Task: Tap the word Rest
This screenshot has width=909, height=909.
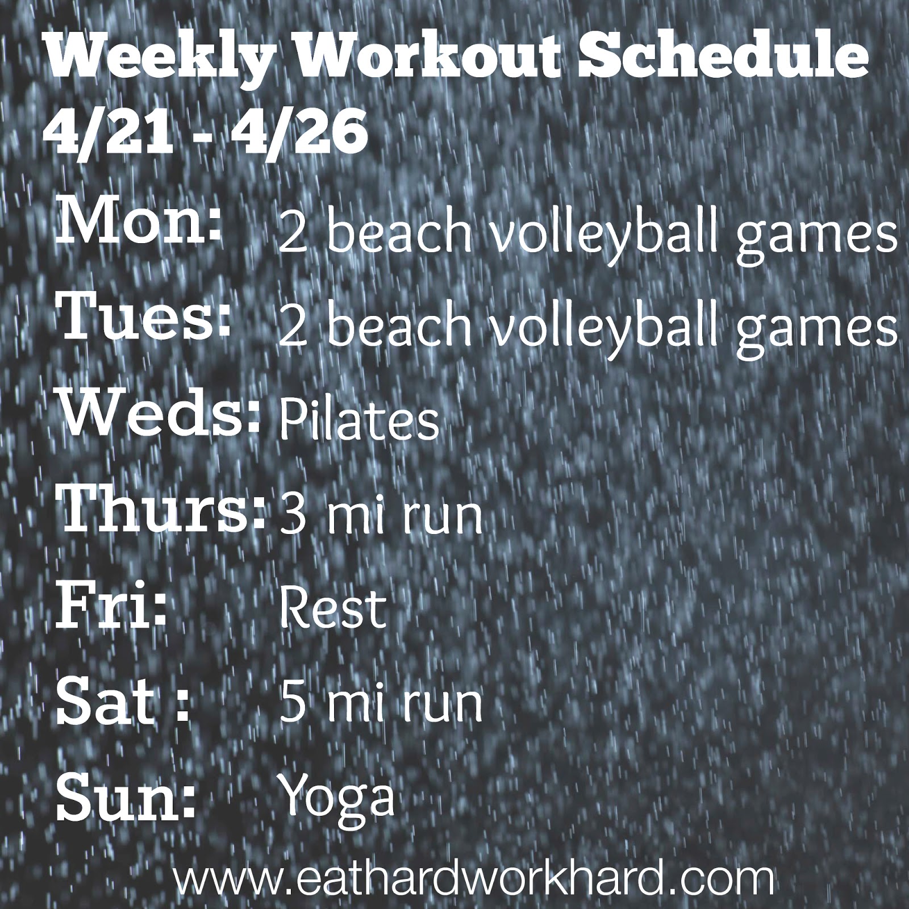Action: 332,607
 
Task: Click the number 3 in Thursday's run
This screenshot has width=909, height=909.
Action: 290,514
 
